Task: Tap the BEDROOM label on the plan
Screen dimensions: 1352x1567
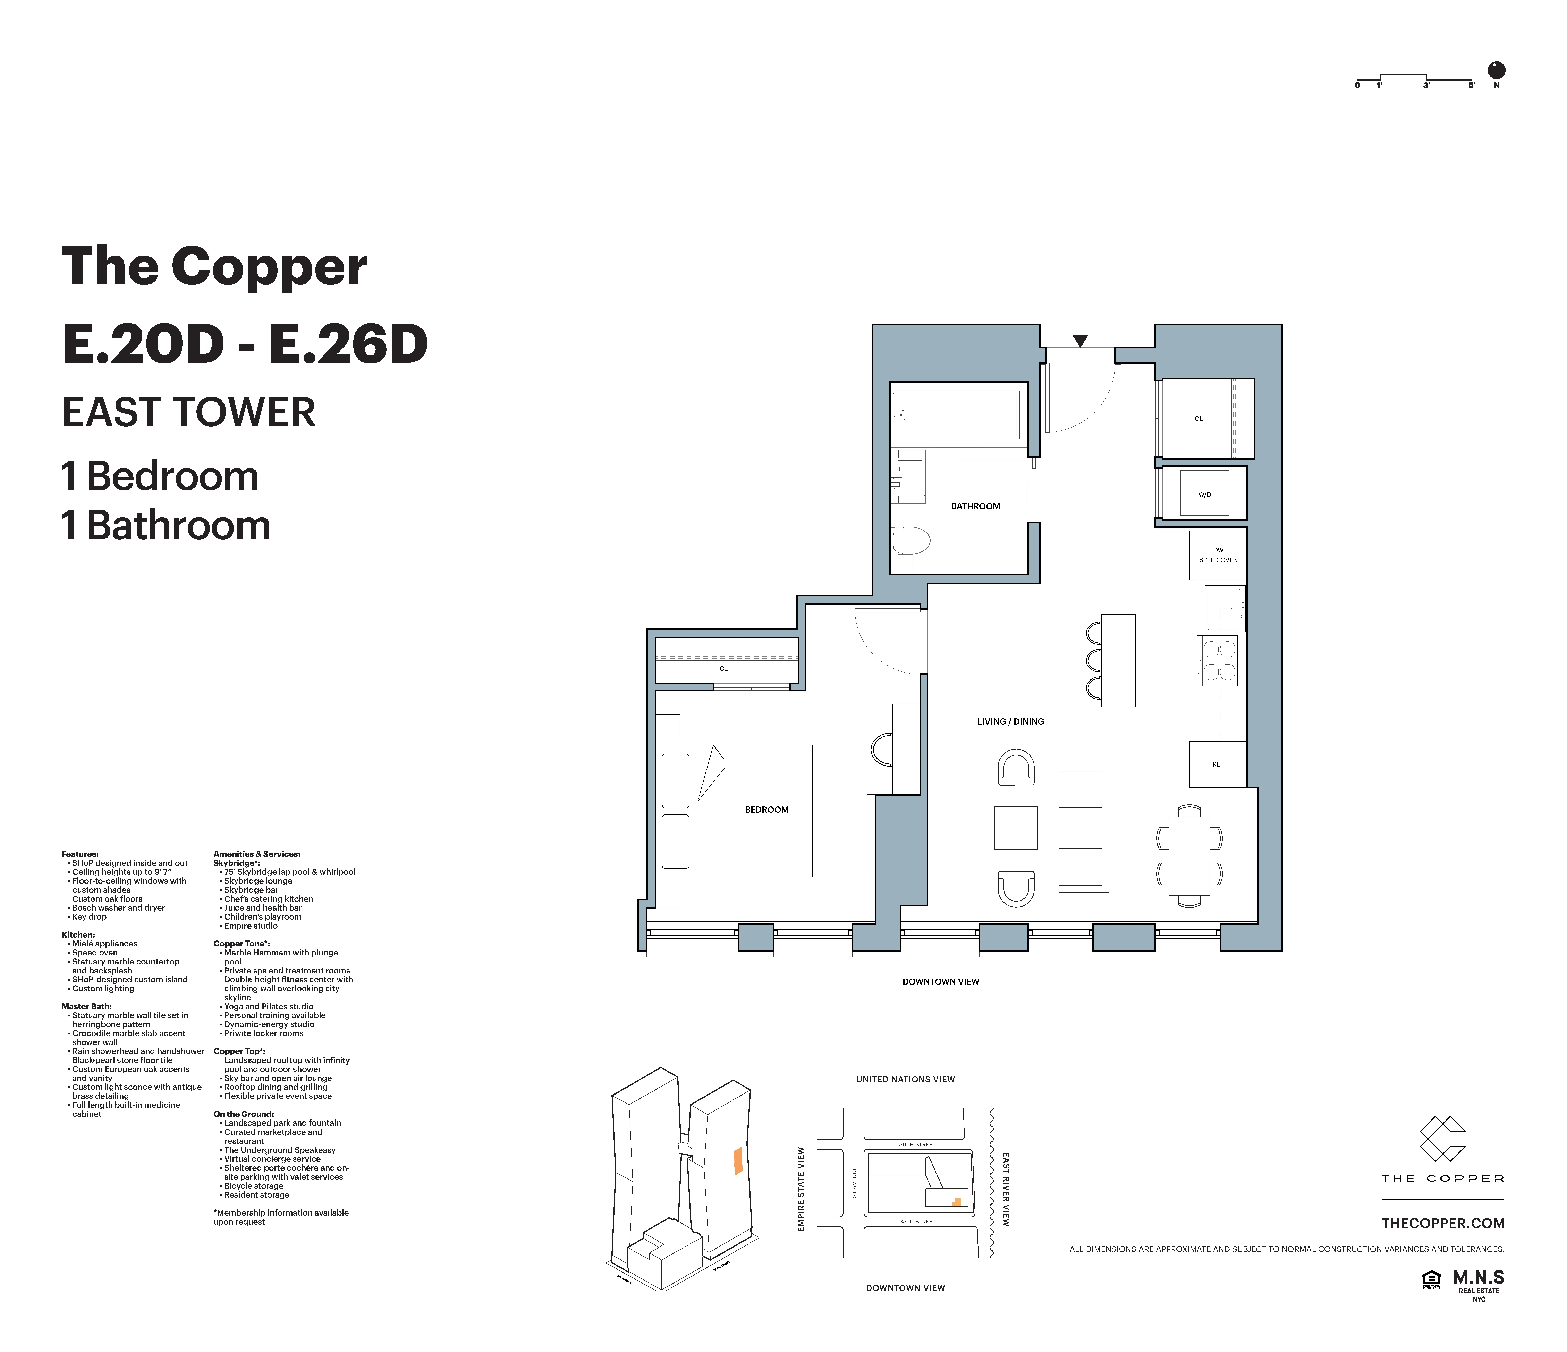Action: (766, 809)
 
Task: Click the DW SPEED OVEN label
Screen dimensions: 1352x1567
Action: (1218, 555)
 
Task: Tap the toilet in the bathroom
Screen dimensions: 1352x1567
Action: (911, 541)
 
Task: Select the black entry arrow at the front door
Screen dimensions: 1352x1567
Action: (1080, 340)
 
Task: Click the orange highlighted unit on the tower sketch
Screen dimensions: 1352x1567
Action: (737, 1161)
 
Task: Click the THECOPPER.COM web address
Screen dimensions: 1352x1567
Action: (1442, 1223)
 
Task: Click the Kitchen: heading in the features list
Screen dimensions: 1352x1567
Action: (78, 935)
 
